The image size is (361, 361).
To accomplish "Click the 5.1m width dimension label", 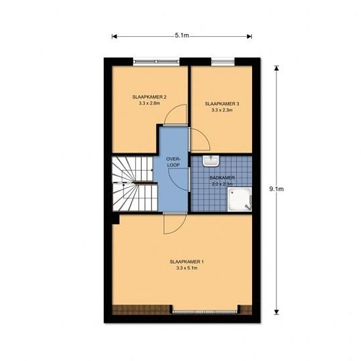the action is pos(182,35).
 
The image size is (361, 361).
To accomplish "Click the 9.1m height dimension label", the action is pos(276,189).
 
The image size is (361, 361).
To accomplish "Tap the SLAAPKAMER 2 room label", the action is pos(149,97).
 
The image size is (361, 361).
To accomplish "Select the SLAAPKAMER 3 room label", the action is pos(222,104).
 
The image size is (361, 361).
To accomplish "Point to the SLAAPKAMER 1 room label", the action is pos(186,262).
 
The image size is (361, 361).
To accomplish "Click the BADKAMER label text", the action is pos(222,178).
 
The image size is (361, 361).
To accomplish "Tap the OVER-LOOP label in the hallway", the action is pos(173,162).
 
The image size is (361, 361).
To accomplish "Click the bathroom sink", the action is pos(211,161).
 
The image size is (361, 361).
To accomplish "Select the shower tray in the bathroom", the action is pos(240,200).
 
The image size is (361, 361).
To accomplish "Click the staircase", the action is pos(135,184).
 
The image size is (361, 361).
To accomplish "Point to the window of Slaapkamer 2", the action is pos(156,62).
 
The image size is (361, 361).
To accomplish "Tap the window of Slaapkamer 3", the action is pos(223,62).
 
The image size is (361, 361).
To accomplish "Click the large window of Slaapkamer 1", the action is pos(205,312).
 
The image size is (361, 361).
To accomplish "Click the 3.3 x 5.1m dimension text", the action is pos(186,268).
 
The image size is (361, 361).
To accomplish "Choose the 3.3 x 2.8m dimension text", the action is pos(149,103).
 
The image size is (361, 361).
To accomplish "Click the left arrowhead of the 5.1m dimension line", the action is pos(114,36).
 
